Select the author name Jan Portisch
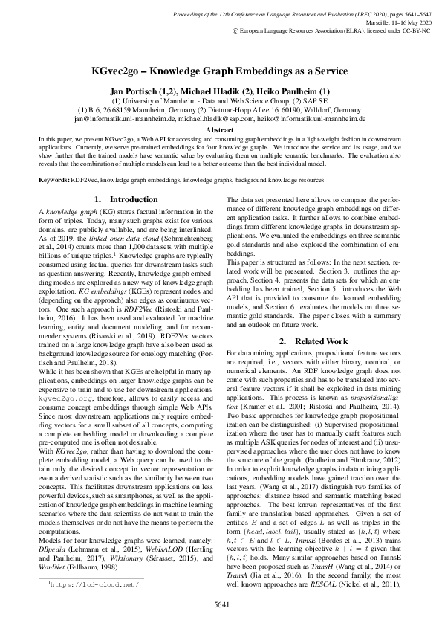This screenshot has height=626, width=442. pyautogui.click(x=137, y=89)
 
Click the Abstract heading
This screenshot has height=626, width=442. pyautogui.click(x=221, y=129)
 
